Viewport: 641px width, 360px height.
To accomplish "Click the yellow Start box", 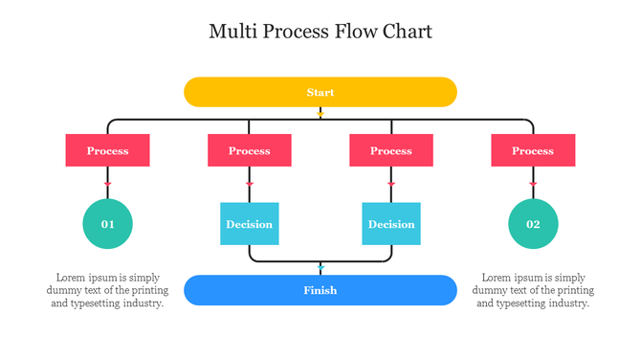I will tap(320, 92).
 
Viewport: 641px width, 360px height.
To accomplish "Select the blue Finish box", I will tap(320, 290).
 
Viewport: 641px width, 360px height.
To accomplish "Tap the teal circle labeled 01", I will tap(107, 224).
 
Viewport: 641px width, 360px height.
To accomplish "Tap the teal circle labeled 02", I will tap(533, 224).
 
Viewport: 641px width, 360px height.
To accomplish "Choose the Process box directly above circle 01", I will tap(107, 150).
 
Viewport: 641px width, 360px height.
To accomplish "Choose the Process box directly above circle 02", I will tap(533, 150).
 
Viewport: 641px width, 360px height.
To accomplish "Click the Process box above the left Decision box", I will tap(249, 150).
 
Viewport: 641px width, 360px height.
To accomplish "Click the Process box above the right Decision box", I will tap(390, 150).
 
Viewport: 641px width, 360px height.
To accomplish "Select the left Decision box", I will tap(249, 224).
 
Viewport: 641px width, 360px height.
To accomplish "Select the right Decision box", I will tap(390, 224).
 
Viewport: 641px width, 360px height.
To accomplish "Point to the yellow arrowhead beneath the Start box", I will tap(320, 114).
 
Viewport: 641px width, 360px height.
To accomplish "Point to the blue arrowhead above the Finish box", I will tap(320, 269).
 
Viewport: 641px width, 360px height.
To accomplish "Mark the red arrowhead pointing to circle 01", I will tap(107, 183).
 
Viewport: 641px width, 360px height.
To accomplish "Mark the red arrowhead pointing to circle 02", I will tap(533, 183).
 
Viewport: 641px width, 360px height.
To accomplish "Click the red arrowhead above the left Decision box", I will tap(249, 183).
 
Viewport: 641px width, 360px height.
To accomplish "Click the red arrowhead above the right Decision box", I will tap(390, 183).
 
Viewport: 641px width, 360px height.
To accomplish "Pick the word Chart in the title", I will tap(408, 32).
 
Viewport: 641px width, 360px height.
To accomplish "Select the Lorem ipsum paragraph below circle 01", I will tap(107, 290).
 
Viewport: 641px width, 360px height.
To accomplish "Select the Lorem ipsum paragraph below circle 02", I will tap(533, 290).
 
